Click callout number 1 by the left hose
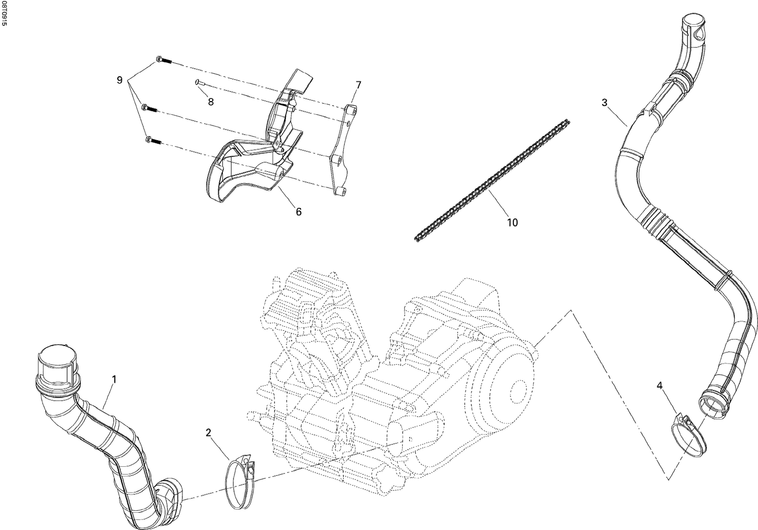click(114, 379)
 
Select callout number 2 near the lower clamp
click(208, 432)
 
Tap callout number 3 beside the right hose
click(604, 103)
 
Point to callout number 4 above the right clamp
click(659, 386)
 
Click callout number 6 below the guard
click(299, 212)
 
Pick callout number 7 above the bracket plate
click(358, 84)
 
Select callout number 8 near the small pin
click(211, 102)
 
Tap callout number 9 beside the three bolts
click(119, 80)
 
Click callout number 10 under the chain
click(512, 223)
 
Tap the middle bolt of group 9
click(150, 108)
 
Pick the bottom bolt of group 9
click(153, 141)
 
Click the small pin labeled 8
click(199, 83)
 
